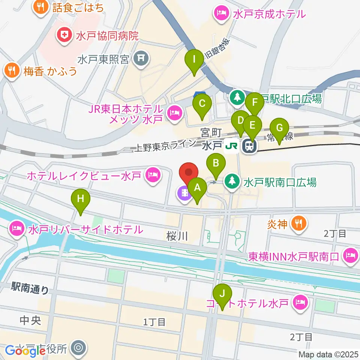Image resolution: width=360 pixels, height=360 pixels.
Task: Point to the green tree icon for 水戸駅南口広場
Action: [232, 182]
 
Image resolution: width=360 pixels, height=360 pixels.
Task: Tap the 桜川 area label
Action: [177, 236]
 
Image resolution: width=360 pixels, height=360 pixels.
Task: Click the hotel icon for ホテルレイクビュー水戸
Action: [152, 175]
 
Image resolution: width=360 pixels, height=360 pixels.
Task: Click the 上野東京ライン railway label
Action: [165, 146]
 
